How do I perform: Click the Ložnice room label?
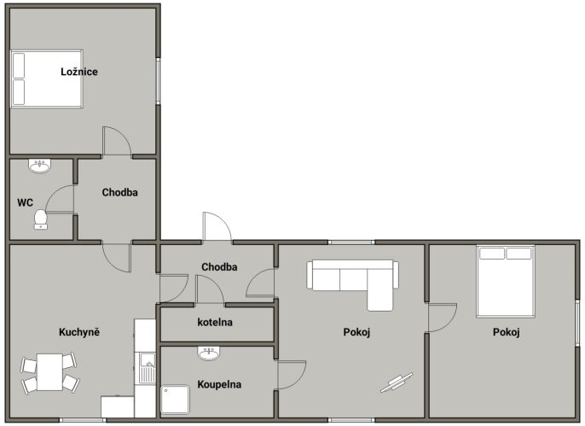point(79,72)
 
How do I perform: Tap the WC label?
point(25,202)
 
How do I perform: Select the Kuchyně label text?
point(79,332)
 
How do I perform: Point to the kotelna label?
point(215,322)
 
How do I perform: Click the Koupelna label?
point(219,384)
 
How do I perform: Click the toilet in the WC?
point(40,219)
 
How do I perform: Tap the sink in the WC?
point(39,166)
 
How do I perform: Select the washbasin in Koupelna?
point(209,353)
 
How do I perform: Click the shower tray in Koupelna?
point(175,400)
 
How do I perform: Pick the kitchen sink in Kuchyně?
point(148,368)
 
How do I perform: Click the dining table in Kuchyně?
point(49,372)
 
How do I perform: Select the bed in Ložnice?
point(47,79)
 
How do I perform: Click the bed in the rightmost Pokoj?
point(506,282)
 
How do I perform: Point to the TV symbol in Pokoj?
point(397,382)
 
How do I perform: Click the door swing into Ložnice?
point(117,141)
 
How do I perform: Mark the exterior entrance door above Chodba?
point(217,226)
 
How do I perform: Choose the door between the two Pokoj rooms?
point(443,318)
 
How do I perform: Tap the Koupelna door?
point(292,375)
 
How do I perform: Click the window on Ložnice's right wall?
point(158,81)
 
